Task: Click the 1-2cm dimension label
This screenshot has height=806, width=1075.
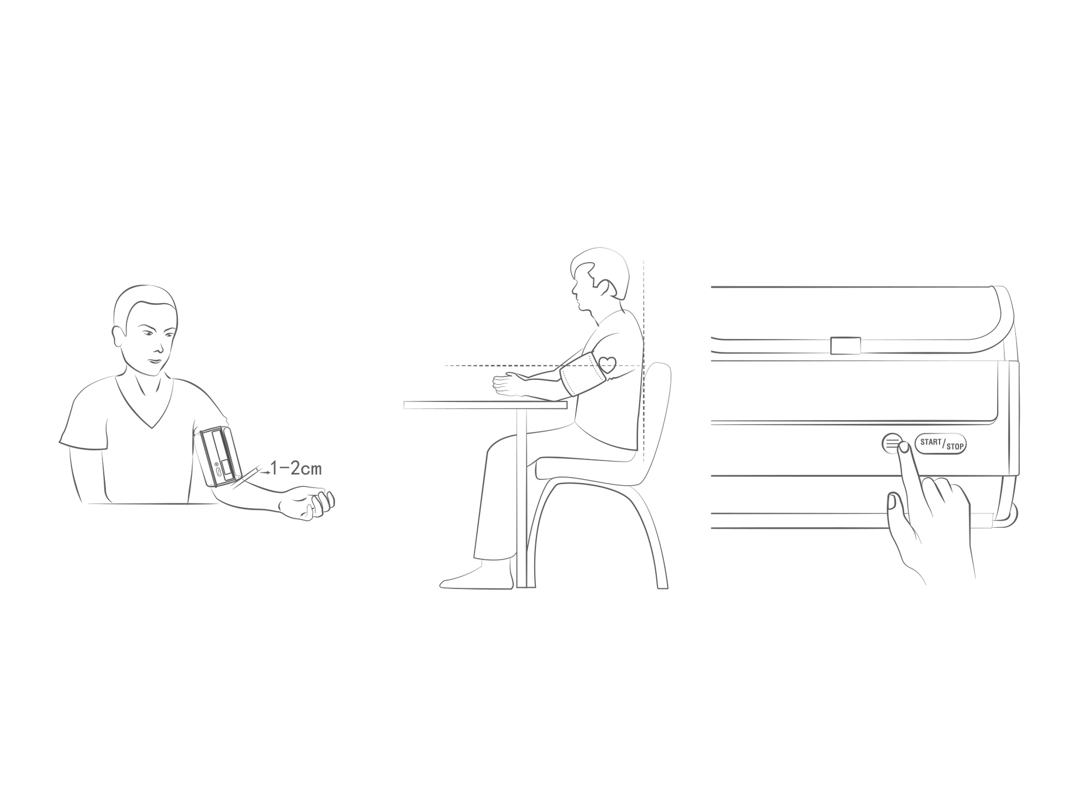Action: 296,469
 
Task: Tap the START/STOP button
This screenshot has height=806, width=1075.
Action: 941,444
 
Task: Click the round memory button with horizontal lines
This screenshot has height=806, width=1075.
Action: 892,443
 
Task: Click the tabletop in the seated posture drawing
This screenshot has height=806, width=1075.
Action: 485,405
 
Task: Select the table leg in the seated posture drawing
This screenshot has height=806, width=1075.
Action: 521,499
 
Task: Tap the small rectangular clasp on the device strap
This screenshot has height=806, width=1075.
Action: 845,346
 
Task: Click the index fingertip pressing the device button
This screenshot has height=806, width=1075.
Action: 903,448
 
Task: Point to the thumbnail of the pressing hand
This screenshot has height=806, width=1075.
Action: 891,502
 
